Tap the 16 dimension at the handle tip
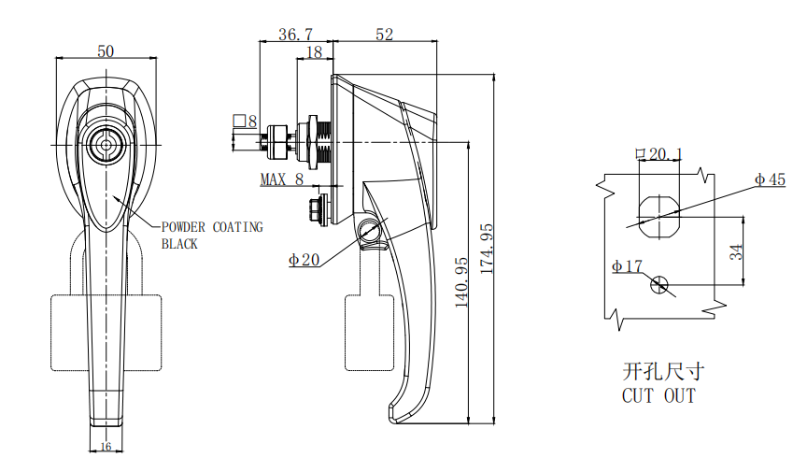click(x=106, y=447)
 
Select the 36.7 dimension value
click(x=295, y=35)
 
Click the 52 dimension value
click(x=384, y=35)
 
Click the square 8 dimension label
click(x=245, y=122)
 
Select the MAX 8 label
click(x=282, y=179)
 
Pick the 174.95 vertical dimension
click(x=484, y=249)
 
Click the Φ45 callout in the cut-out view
click(x=770, y=179)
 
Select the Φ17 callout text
click(x=627, y=267)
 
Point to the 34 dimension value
click(x=736, y=250)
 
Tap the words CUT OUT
click(x=658, y=396)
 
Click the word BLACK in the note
click(x=180, y=244)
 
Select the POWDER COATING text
click(x=212, y=227)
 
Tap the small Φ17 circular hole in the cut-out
click(x=661, y=284)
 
